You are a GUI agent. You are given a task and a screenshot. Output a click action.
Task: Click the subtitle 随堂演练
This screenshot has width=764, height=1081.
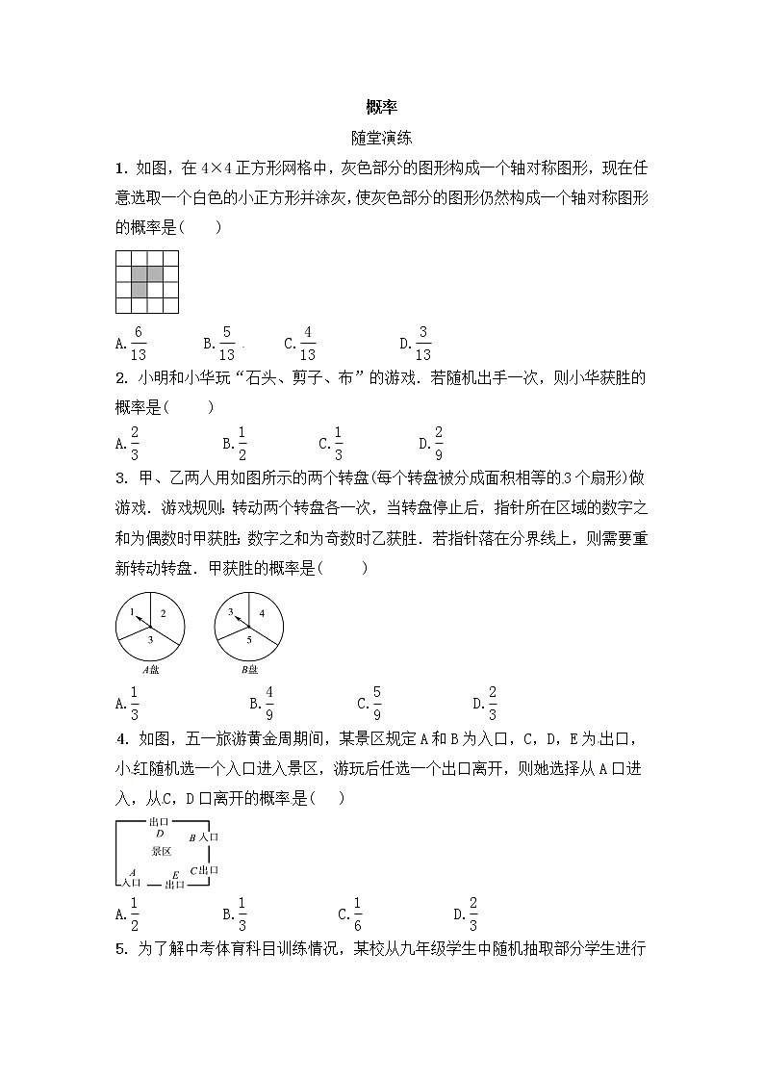tap(382, 139)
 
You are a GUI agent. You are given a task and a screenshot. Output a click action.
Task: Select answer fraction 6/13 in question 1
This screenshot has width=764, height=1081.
tap(138, 342)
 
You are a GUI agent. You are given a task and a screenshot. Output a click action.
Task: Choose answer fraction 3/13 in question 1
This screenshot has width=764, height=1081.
tap(422, 342)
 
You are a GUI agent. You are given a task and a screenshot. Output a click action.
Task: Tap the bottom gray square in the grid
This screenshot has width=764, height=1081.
tap(140, 290)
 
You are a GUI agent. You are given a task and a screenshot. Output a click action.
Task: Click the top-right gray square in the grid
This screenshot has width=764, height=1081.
tap(155, 274)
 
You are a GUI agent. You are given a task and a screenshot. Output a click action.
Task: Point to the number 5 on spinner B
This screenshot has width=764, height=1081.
tap(246, 639)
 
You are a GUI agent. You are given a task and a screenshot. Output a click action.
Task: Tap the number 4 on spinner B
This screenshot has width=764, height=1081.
tap(262, 613)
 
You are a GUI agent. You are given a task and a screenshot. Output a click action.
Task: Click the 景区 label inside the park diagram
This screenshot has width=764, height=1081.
tap(161, 851)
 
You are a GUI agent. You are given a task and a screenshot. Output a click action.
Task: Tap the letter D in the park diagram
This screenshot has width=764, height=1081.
tap(159, 834)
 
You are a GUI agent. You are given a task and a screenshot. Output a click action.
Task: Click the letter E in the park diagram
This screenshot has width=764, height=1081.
tap(175, 874)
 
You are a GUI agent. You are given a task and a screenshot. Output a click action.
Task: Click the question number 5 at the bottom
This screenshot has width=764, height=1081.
tap(119, 949)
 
